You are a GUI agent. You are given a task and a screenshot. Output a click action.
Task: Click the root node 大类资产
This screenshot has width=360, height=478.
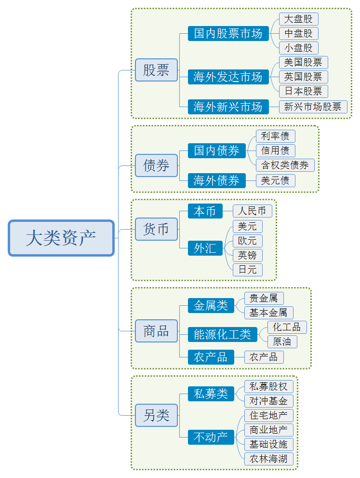(x=61, y=238)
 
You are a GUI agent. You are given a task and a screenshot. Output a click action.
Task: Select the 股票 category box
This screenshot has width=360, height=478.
(x=156, y=70)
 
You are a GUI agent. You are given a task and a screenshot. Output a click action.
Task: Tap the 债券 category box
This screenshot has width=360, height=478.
(x=156, y=165)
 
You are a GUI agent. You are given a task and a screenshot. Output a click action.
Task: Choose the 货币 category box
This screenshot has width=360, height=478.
(x=156, y=229)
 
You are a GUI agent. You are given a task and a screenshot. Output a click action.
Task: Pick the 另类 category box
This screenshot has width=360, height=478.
(x=156, y=415)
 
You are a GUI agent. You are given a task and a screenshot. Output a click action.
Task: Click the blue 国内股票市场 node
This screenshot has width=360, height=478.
(x=228, y=34)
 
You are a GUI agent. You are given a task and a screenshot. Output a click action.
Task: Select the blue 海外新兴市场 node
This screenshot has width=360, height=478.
(x=228, y=107)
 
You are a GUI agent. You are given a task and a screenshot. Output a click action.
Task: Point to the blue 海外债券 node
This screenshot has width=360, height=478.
(x=216, y=180)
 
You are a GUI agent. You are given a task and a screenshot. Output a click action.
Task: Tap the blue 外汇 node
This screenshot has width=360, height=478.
(x=205, y=248)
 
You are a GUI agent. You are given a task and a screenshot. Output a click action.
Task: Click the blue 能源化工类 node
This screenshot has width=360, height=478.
(x=222, y=334)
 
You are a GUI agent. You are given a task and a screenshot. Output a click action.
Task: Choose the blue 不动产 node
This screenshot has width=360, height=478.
(x=211, y=437)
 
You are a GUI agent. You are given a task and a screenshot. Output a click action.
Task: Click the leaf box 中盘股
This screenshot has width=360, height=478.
(x=299, y=34)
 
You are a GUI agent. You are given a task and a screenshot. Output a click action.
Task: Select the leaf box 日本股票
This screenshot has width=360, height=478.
(x=304, y=92)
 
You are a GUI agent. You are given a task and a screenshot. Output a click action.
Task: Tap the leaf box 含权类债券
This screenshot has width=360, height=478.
(x=285, y=165)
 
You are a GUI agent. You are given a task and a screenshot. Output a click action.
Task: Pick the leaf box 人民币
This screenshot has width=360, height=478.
(x=253, y=211)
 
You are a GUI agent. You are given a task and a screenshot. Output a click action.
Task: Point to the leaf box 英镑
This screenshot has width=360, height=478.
(x=248, y=256)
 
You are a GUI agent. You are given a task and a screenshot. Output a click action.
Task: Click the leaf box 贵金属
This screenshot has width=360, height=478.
(x=264, y=299)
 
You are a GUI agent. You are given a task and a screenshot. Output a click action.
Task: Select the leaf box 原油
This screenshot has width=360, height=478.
(x=282, y=342)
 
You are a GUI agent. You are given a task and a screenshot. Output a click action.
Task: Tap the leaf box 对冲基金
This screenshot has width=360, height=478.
(x=269, y=401)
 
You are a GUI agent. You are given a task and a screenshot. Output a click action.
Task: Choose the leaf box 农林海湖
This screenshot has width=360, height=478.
(x=269, y=459)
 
